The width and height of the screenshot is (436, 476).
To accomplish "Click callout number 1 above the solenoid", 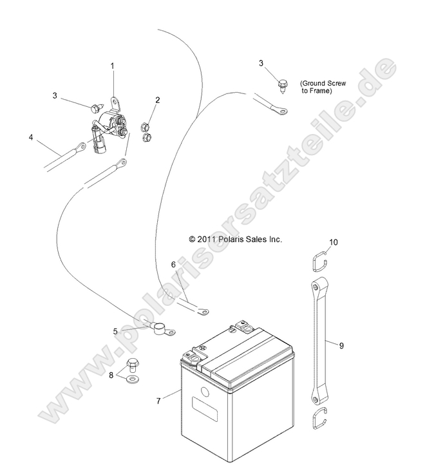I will (112, 66).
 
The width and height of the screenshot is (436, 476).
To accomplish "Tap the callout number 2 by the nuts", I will (158, 100).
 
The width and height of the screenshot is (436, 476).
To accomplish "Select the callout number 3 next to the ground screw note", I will (261, 63).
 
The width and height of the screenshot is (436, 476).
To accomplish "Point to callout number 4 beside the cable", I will (30, 137).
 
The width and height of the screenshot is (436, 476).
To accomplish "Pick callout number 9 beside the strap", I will (341, 345).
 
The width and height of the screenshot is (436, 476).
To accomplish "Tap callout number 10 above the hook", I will (333, 242).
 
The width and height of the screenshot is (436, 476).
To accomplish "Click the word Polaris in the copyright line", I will (233, 239).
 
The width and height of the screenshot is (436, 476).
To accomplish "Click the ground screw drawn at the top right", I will (283, 82).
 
